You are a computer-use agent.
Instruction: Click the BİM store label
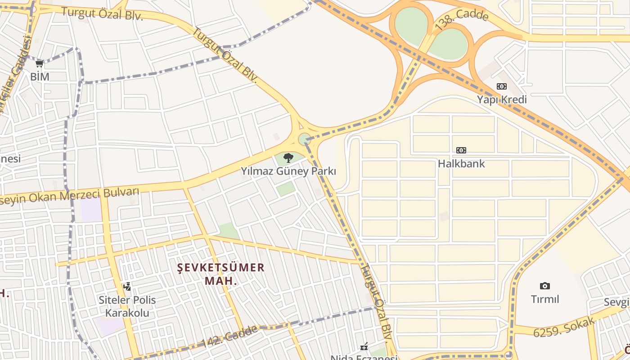click(x=40, y=76)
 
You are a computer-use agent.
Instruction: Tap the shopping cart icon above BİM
click(x=40, y=64)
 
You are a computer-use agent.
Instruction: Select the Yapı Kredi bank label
click(x=502, y=99)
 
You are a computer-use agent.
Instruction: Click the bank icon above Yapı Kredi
click(x=501, y=86)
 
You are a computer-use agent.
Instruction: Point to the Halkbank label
click(x=461, y=163)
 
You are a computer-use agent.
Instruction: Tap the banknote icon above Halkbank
click(x=461, y=150)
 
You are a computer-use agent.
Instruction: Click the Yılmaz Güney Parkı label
click(x=288, y=171)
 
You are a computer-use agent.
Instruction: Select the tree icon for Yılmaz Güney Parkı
click(x=288, y=158)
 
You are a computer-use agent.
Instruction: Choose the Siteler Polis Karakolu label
click(x=127, y=306)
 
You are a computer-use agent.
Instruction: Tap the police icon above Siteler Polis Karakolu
click(x=127, y=286)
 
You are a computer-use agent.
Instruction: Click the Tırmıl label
click(x=544, y=299)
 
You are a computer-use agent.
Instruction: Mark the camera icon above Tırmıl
click(x=544, y=286)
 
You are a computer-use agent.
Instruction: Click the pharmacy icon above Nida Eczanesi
click(x=364, y=347)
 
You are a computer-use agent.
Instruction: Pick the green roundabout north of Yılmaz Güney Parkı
click(x=305, y=139)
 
